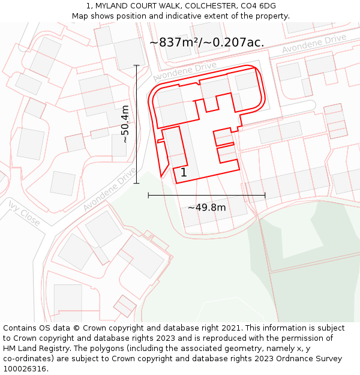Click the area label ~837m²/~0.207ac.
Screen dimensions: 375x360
pos(206,43)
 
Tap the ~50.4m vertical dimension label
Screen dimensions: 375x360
pos(125,124)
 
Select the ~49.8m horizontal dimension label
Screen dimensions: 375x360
pos(206,208)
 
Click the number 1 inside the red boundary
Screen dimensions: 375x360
pos(184,173)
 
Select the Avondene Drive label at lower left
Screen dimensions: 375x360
pos(109,189)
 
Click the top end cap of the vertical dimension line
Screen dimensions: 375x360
pos(136,65)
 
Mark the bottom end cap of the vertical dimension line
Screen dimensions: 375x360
pos(136,183)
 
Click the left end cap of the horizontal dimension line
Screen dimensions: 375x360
pos(148,195)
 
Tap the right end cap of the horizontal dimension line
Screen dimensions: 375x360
pos(265,195)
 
